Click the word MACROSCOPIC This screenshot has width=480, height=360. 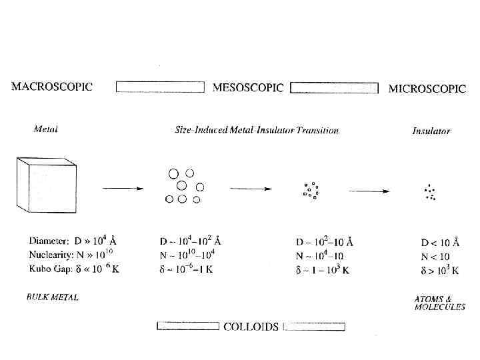click(x=52, y=86)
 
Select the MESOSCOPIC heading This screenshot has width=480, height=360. click(x=247, y=87)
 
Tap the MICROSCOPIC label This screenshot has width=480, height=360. click(x=427, y=88)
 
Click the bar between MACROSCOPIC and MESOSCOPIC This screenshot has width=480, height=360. click(x=160, y=87)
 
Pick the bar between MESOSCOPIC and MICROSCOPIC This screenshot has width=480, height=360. click(x=335, y=87)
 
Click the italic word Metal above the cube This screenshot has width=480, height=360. click(x=45, y=129)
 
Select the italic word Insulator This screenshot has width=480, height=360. click(x=431, y=131)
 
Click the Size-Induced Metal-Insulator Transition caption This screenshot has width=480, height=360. click(x=257, y=130)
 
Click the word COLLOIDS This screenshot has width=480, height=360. click(x=251, y=327)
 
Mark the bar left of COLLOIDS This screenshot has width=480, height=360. click(x=187, y=326)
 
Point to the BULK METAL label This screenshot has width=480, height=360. click(x=53, y=297)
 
